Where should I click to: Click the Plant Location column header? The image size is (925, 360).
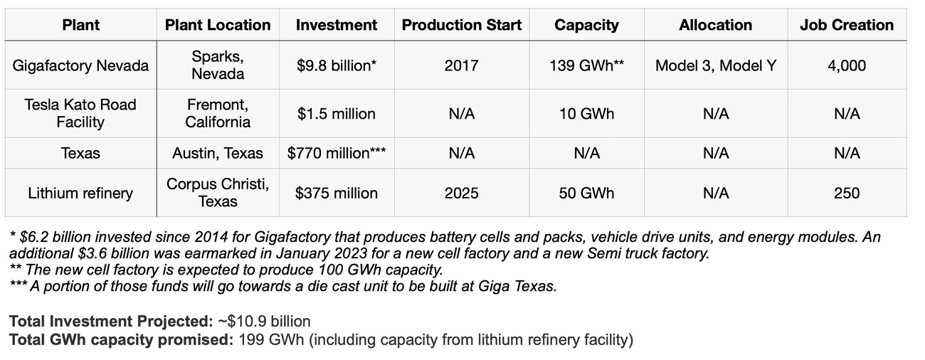[x=218, y=25]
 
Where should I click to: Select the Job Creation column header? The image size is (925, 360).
[x=846, y=25]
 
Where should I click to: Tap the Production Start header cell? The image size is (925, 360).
[x=462, y=25]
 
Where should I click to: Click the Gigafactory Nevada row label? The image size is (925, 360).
[x=81, y=65]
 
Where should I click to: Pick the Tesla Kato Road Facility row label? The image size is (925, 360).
[x=80, y=113]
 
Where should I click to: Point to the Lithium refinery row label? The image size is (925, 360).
[x=80, y=193]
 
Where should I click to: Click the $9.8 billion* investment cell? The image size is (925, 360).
[x=336, y=65]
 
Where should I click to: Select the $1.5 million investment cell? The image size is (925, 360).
[x=336, y=113]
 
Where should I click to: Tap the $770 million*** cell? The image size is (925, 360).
[x=336, y=153]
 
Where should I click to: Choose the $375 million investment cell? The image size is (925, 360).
[x=336, y=193]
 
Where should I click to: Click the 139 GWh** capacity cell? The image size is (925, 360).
[x=586, y=65]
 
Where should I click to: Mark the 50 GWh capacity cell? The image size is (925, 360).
[x=586, y=193]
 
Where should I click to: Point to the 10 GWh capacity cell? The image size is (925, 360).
[x=586, y=113]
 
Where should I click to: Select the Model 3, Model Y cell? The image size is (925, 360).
[x=715, y=65]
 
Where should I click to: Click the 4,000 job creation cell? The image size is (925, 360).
[x=846, y=65]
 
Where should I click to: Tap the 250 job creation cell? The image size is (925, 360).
[x=846, y=193]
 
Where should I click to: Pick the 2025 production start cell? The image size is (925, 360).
[x=462, y=193]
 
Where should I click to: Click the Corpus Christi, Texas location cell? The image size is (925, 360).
[x=218, y=193]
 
